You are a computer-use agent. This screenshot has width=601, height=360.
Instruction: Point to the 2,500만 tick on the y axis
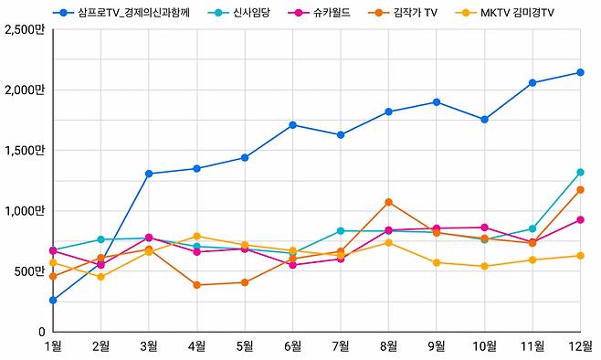[x=25, y=30]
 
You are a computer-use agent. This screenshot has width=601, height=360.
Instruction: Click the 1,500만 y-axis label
[x=25, y=151]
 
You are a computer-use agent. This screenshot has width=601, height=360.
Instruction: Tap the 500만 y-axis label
[x=28, y=271]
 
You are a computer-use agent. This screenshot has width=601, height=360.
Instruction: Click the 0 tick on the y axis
[x=41, y=332]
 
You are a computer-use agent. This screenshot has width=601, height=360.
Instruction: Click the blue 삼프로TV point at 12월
[x=580, y=72]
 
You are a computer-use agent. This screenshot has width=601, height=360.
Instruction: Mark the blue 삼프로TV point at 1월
[x=53, y=300]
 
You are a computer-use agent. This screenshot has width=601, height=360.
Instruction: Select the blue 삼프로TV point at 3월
[x=149, y=174]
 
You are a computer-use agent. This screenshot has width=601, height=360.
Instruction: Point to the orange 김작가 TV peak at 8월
[x=388, y=202]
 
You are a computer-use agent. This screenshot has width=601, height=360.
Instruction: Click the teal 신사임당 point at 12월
[x=580, y=172]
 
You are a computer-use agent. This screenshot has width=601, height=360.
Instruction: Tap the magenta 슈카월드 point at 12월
[x=580, y=219]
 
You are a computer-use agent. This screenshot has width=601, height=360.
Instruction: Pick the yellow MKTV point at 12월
[x=580, y=256]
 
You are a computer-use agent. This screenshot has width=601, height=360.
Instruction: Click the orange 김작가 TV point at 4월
[x=196, y=285]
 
